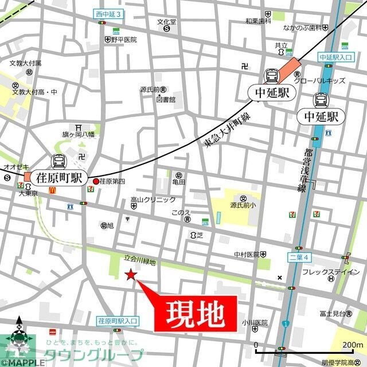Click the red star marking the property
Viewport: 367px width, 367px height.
131,275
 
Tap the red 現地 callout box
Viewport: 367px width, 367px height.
196,313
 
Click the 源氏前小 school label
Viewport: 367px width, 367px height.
241,205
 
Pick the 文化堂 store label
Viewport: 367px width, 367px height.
167,22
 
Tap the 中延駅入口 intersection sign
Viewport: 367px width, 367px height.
335,57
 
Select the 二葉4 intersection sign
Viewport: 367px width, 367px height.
299,257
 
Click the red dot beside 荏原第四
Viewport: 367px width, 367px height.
96,181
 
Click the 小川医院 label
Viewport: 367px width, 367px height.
255,322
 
